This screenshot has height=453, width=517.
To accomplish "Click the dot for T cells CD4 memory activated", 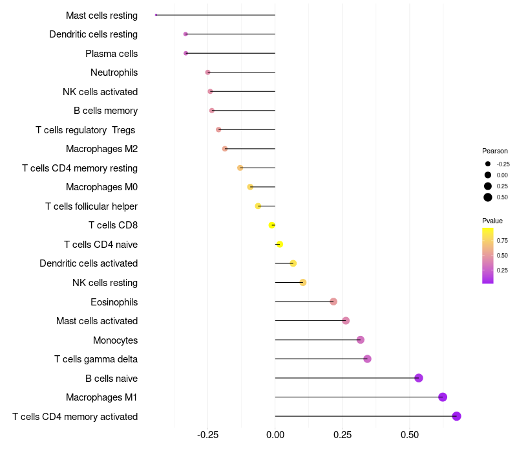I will (456, 416).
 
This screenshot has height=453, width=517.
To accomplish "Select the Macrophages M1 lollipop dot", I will (443, 397).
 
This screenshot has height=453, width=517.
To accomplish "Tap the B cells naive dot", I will (418, 378).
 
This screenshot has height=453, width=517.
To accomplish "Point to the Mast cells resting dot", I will (156, 15).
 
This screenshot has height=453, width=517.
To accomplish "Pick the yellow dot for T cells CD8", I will (272, 225).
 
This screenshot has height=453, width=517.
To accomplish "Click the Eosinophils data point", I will (333, 302).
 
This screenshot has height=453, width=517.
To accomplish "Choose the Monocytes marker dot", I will (361, 340).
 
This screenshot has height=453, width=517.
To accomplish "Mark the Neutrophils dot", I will (207, 72).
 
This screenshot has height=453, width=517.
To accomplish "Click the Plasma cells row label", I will (111, 53).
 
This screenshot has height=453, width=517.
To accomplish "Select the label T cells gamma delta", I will (96, 359).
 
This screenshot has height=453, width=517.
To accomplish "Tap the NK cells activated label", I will (100, 91).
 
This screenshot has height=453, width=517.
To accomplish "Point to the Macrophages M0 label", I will (101, 187).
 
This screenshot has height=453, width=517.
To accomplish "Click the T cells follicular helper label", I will (91, 206).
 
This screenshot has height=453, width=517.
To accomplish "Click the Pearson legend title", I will (495, 151).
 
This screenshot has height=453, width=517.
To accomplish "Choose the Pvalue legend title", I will (492, 221).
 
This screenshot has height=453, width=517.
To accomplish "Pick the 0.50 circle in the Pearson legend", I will (488, 197).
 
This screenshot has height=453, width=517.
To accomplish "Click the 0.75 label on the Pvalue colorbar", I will (502, 240).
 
